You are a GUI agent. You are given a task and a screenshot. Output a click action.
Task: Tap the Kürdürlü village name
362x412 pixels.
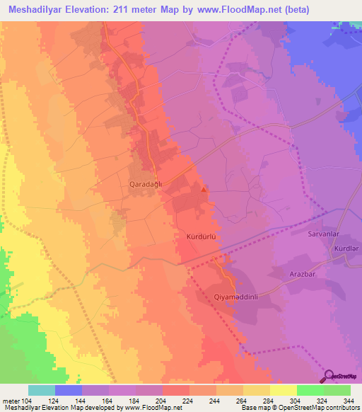[x=200, y=237]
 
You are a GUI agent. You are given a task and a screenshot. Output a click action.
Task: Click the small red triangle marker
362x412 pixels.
[x=204, y=189]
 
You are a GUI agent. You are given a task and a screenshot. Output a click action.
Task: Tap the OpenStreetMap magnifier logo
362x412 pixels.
[x=329, y=377]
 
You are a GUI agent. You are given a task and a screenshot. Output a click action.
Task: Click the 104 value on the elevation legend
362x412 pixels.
[x=26, y=400]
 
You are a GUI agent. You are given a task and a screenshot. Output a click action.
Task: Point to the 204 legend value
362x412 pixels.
[x=162, y=400]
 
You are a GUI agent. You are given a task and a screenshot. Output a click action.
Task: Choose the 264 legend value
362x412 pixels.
[x=243, y=400]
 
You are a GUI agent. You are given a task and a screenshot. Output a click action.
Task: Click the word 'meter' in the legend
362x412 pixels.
[x=10, y=400]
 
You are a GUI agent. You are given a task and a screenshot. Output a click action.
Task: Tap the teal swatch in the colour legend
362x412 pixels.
[x=42, y=390]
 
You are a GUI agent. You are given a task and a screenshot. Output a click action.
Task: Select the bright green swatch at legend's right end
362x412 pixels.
[x=337, y=390]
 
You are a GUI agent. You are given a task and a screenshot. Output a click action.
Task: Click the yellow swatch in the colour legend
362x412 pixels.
[x=283, y=390]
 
